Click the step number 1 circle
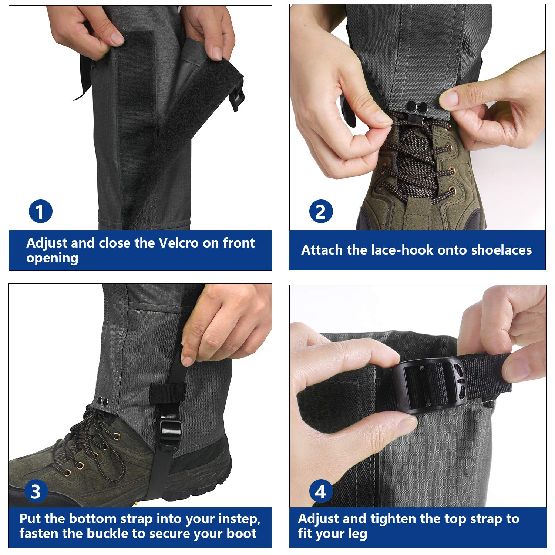(x=40, y=212)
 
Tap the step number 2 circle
(x=321, y=212)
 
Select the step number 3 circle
(x=36, y=492)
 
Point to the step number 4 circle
(x=320, y=491)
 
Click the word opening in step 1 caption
(x=52, y=258)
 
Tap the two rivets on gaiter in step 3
(x=103, y=401)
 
